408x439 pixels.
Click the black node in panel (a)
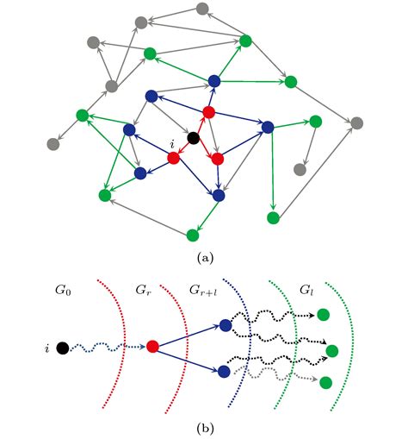[195, 138]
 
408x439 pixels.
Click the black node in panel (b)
[62, 348]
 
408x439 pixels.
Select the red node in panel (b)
[152, 347]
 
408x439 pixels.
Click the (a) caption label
[205, 257]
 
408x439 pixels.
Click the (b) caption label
[205, 425]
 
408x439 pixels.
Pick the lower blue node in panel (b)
[224, 372]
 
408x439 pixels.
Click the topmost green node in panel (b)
[324, 315]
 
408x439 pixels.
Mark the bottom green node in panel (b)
[325, 382]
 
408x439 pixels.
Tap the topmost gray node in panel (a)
[202, 9]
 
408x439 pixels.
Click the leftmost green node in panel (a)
[83, 114]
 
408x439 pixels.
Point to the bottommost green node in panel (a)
[193, 234]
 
